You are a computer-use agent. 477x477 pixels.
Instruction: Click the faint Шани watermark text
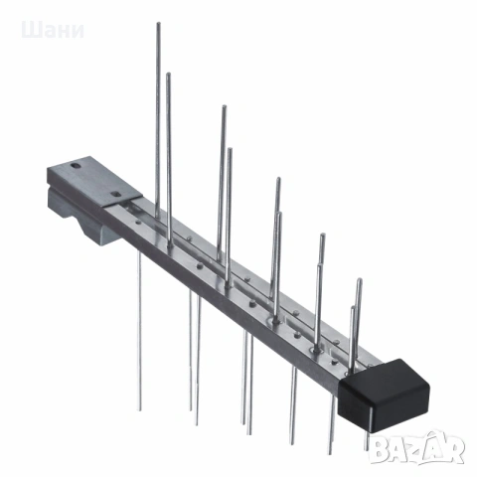53,31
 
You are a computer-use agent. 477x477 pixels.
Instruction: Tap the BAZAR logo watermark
417,448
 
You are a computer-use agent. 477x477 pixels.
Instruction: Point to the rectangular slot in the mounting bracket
116,194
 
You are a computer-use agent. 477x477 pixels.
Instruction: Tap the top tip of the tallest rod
159,24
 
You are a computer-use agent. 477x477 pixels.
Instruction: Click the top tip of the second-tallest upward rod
168,75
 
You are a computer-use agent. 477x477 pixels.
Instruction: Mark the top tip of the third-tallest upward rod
225,107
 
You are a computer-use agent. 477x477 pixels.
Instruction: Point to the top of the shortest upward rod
354,308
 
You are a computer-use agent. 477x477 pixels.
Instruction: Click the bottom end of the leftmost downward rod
140,409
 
